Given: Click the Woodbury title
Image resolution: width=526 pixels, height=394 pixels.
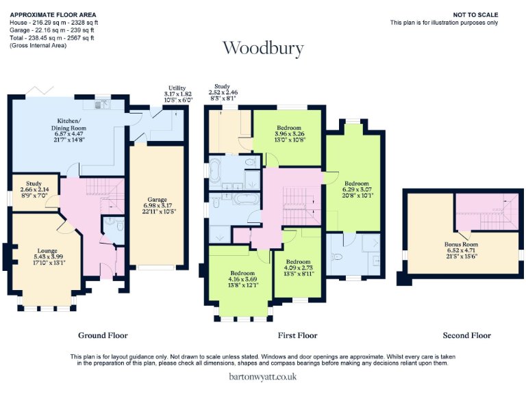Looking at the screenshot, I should click(x=263, y=49).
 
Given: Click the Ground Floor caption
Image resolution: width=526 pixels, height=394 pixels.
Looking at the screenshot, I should click(x=103, y=335).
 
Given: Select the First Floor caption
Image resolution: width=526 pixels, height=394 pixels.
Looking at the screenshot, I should click(x=297, y=335).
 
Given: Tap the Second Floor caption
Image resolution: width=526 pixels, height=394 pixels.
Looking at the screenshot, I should click(x=466, y=335).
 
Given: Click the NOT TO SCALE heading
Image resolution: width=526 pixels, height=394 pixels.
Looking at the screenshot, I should click(x=475, y=15).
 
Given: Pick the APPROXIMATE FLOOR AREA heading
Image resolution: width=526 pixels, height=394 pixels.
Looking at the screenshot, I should click(x=53, y=15).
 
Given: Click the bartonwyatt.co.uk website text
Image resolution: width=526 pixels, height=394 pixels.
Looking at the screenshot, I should click(x=263, y=376).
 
